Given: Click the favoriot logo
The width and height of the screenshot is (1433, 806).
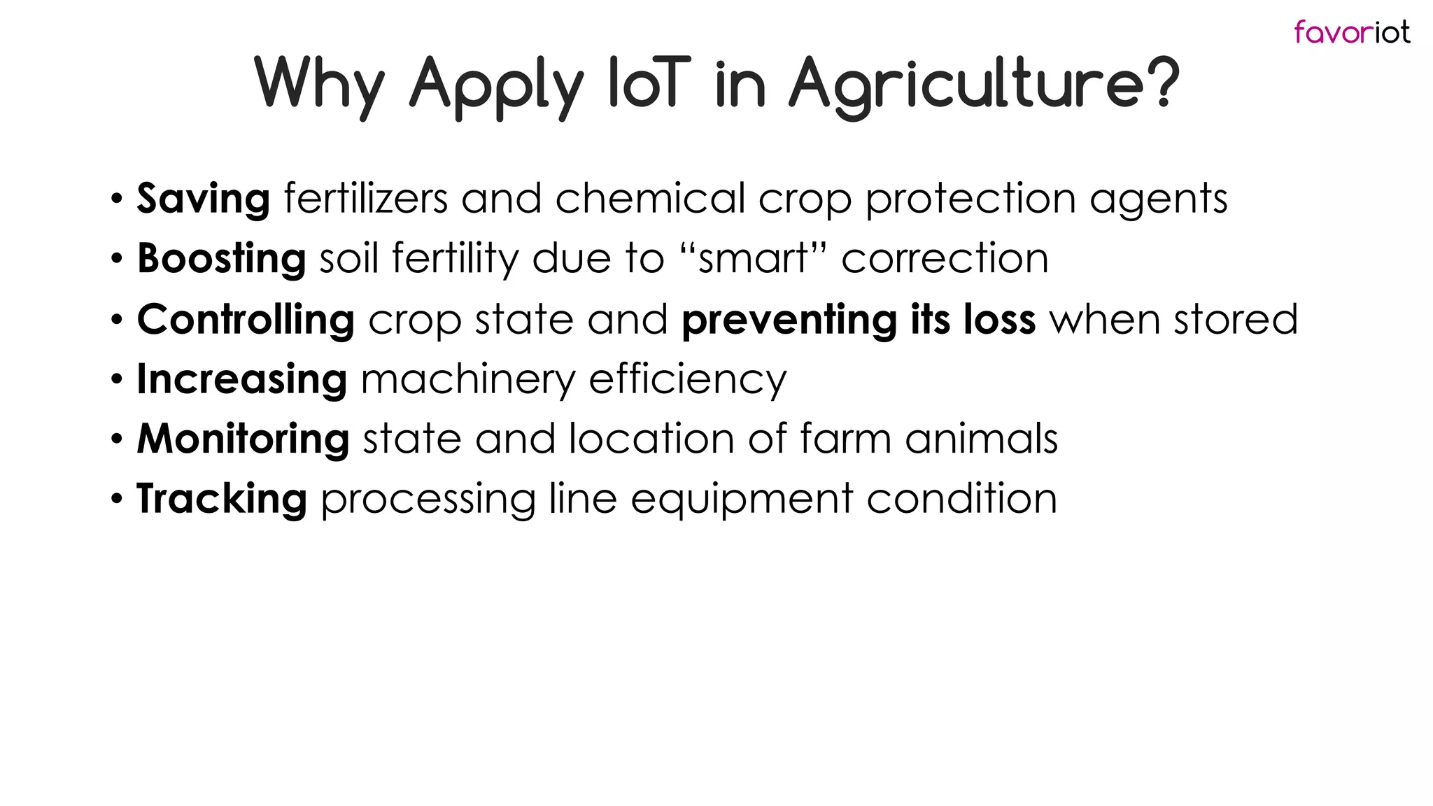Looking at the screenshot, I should coord(1351,32).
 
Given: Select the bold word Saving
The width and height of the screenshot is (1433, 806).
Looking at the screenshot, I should coord(203,199).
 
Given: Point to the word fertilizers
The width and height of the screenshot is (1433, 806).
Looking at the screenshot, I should coord(365,198).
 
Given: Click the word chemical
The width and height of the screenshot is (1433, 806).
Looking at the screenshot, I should coord(650,198).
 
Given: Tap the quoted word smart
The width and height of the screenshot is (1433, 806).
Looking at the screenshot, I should coord(753,259).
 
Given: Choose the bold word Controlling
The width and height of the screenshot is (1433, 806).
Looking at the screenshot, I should coord(246,320).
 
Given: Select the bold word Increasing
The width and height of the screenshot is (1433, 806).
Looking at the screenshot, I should coord(241,380).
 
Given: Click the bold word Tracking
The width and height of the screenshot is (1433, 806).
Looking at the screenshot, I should coord(221,500).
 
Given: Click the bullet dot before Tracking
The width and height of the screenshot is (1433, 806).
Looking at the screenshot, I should coord(117,500).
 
